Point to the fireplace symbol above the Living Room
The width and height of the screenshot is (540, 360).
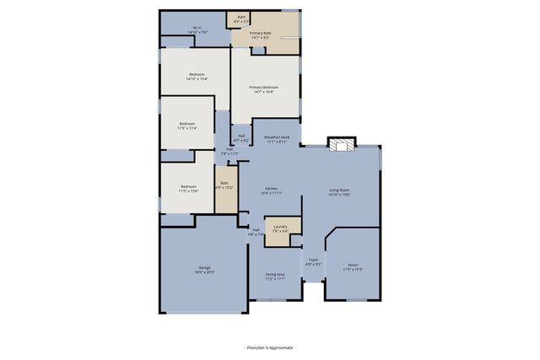[341, 144]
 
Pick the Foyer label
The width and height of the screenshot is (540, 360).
[313, 261]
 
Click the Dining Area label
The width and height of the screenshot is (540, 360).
[275, 276]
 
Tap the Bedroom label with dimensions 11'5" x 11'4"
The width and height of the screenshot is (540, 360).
[187, 126]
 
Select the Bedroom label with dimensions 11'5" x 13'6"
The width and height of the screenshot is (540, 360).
[187, 189]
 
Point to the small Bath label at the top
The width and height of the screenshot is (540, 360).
[241, 19]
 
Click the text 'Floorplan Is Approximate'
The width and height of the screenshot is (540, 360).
[270, 347]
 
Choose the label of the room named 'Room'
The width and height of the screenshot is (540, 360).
[352, 267]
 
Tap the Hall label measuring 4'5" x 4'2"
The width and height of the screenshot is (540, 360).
[241, 137]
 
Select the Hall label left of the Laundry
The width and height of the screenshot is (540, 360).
[256, 231]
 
